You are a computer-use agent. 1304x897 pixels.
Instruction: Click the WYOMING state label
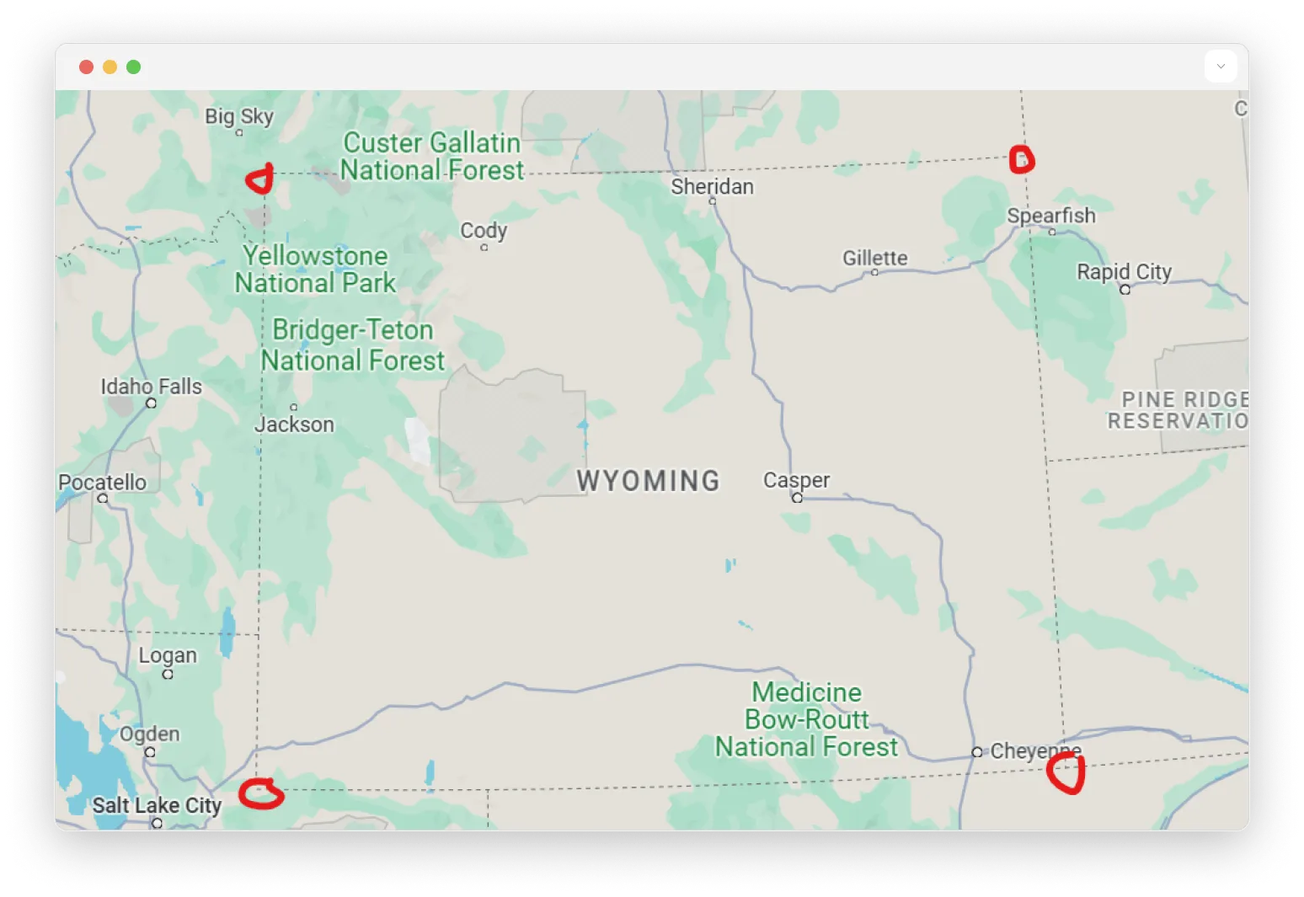pos(648,481)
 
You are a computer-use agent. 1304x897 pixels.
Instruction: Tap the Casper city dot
pos(797,498)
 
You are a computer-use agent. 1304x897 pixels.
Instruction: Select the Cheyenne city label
pos(1035,750)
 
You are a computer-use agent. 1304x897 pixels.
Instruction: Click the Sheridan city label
pos(712,186)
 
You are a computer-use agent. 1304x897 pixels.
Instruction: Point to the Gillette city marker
pos(874,272)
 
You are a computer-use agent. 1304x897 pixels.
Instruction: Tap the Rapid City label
pos(1124,272)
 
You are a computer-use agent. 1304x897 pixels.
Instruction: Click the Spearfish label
pos(1051,216)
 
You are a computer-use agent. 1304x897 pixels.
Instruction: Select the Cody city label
pos(484,230)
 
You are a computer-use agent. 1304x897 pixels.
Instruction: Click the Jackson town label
pos(294,424)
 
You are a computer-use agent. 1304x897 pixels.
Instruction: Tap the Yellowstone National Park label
pos(315,270)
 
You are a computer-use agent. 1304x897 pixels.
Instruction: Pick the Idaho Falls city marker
pos(151,403)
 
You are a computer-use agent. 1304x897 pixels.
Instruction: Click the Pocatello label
pos(102,482)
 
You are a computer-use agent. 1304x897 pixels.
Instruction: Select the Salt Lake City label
pos(157,805)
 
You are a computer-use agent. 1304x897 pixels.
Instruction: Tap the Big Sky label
pos(239,116)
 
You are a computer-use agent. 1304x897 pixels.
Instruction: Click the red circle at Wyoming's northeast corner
pos(1021,159)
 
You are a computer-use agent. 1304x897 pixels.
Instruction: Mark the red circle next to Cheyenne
pos(1066,773)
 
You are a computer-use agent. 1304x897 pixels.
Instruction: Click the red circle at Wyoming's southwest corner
pos(260,793)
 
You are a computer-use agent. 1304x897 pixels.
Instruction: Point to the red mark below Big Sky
pos(260,179)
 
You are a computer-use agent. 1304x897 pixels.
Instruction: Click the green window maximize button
pos(133,67)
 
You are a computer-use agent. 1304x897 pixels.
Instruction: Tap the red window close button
pos(86,67)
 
